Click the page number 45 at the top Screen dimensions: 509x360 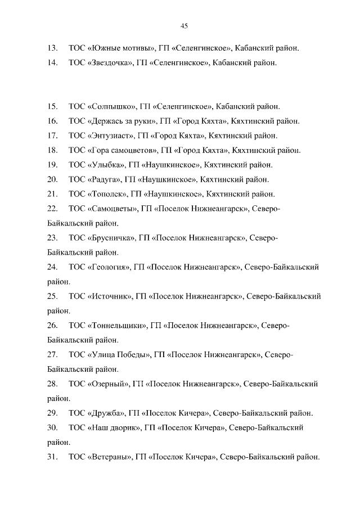[184, 25]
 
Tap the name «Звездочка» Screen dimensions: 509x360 [110, 63]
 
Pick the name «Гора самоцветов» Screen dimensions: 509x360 [121, 150]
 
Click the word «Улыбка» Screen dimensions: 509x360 [106, 165]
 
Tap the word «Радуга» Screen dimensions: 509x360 [105, 179]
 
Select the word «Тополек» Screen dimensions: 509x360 [107, 194]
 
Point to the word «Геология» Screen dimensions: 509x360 [109, 267]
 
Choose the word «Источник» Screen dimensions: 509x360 [110, 296]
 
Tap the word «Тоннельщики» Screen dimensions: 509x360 [118, 326]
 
